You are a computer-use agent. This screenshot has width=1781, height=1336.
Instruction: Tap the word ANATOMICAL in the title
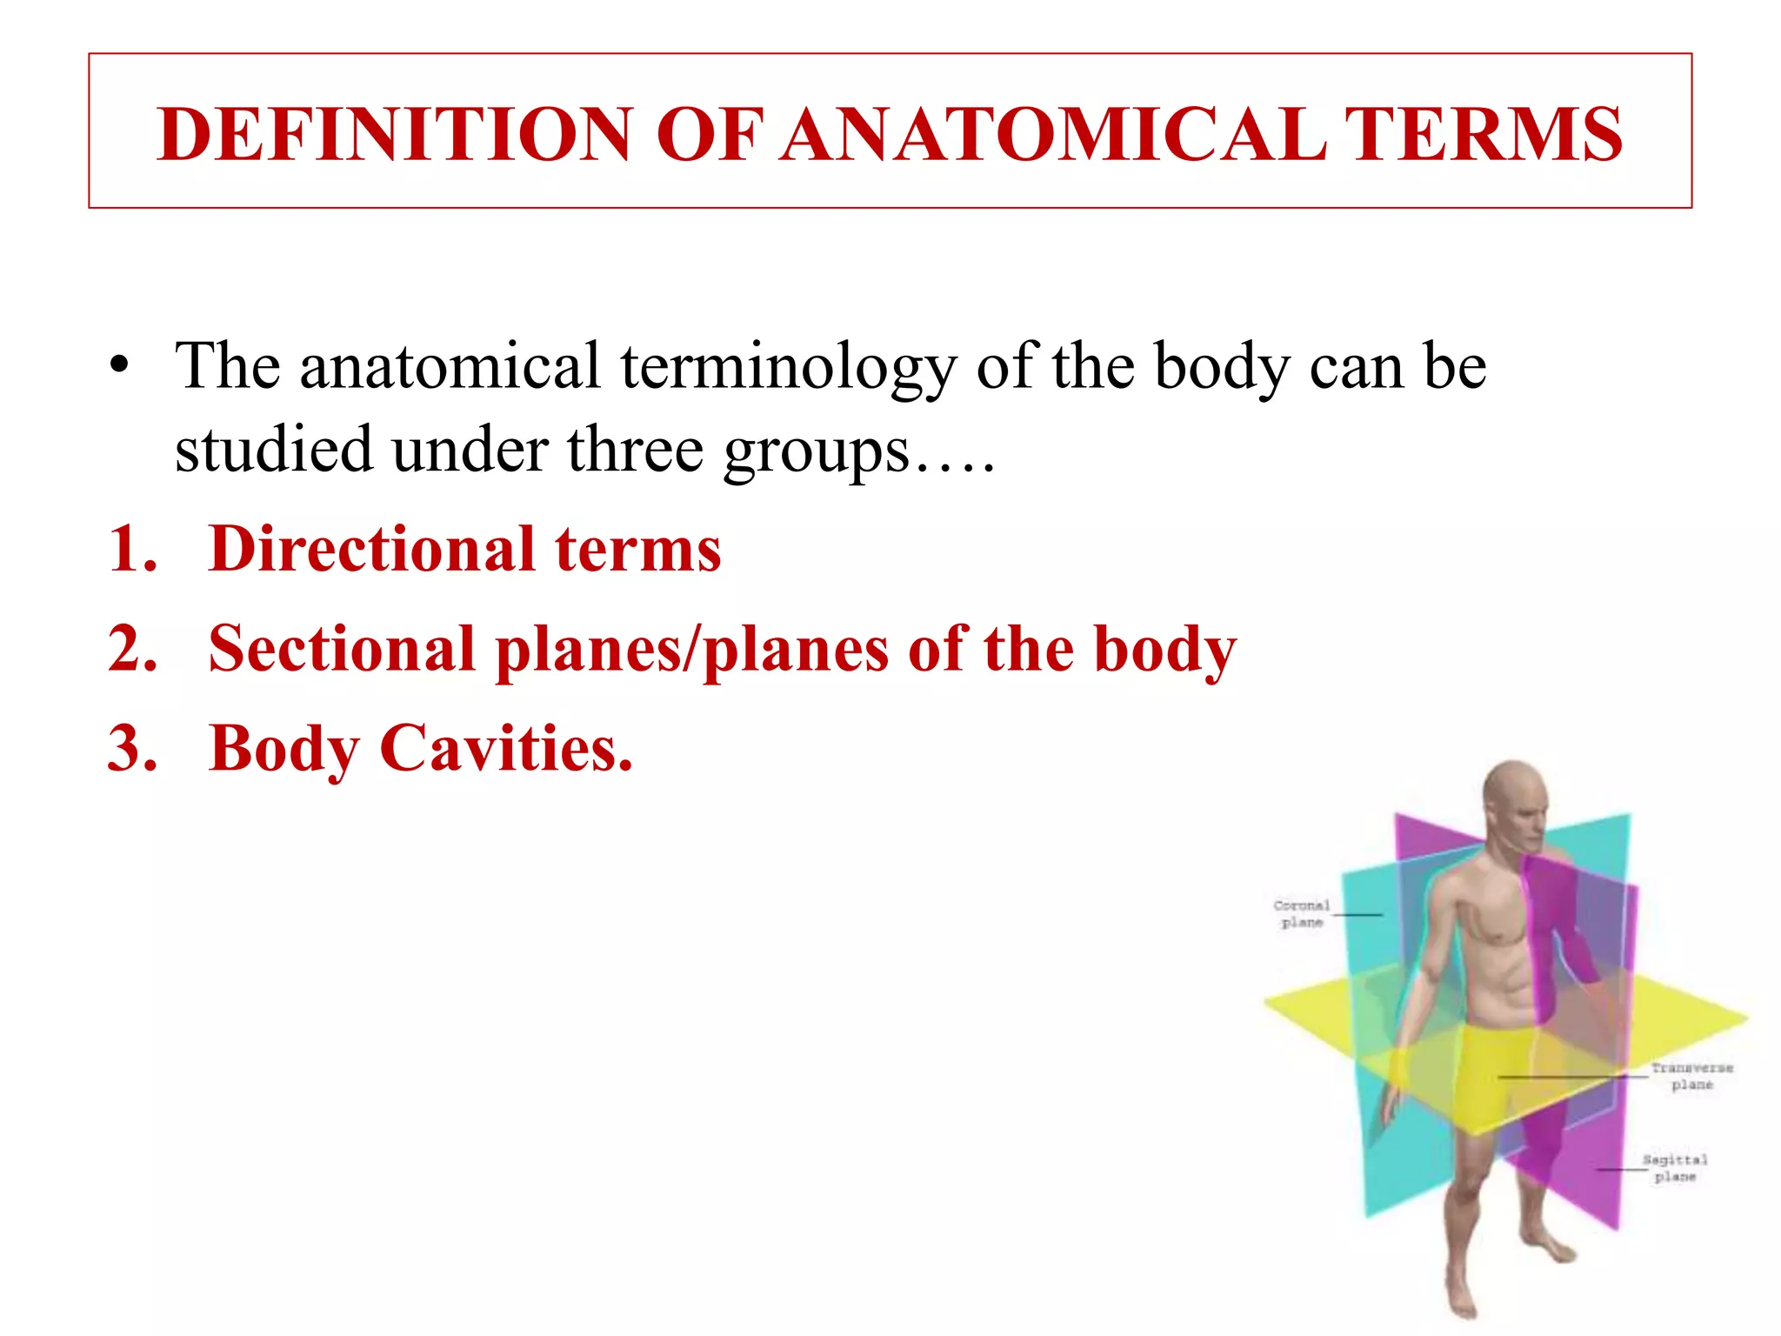pyautogui.click(x=1052, y=135)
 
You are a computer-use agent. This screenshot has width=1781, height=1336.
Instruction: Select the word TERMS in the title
pyautogui.click(x=1483, y=135)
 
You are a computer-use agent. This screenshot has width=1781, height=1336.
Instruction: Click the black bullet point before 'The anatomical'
pyautogui.click(x=120, y=365)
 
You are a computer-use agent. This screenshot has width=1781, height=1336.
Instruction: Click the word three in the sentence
pyautogui.click(x=635, y=451)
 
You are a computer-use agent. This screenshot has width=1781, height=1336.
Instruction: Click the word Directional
pyautogui.click(x=371, y=550)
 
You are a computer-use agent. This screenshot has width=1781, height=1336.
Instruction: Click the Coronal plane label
pyautogui.click(x=1302, y=913)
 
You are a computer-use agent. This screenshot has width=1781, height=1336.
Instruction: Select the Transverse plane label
pyautogui.click(x=1691, y=1076)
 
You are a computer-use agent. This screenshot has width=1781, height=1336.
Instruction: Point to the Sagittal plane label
pyautogui.click(x=1675, y=1168)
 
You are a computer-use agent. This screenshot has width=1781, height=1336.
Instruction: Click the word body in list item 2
pyautogui.click(x=1164, y=651)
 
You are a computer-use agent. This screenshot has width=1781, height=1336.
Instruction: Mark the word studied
pyautogui.click(x=273, y=451)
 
